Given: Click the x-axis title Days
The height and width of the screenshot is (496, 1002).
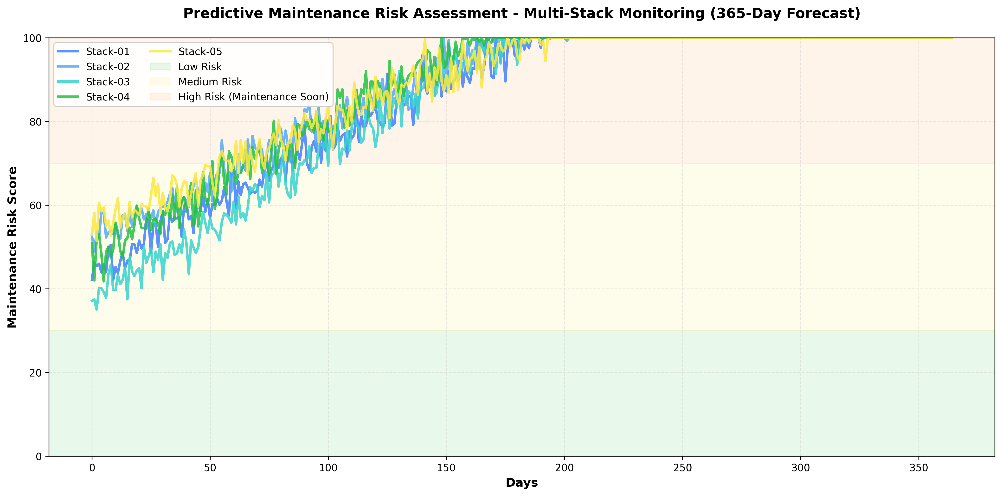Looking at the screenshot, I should (522, 483).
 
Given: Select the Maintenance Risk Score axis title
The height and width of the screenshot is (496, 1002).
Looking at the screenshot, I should (13, 247).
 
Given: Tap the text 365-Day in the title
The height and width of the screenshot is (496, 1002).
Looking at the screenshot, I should (742, 14).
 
